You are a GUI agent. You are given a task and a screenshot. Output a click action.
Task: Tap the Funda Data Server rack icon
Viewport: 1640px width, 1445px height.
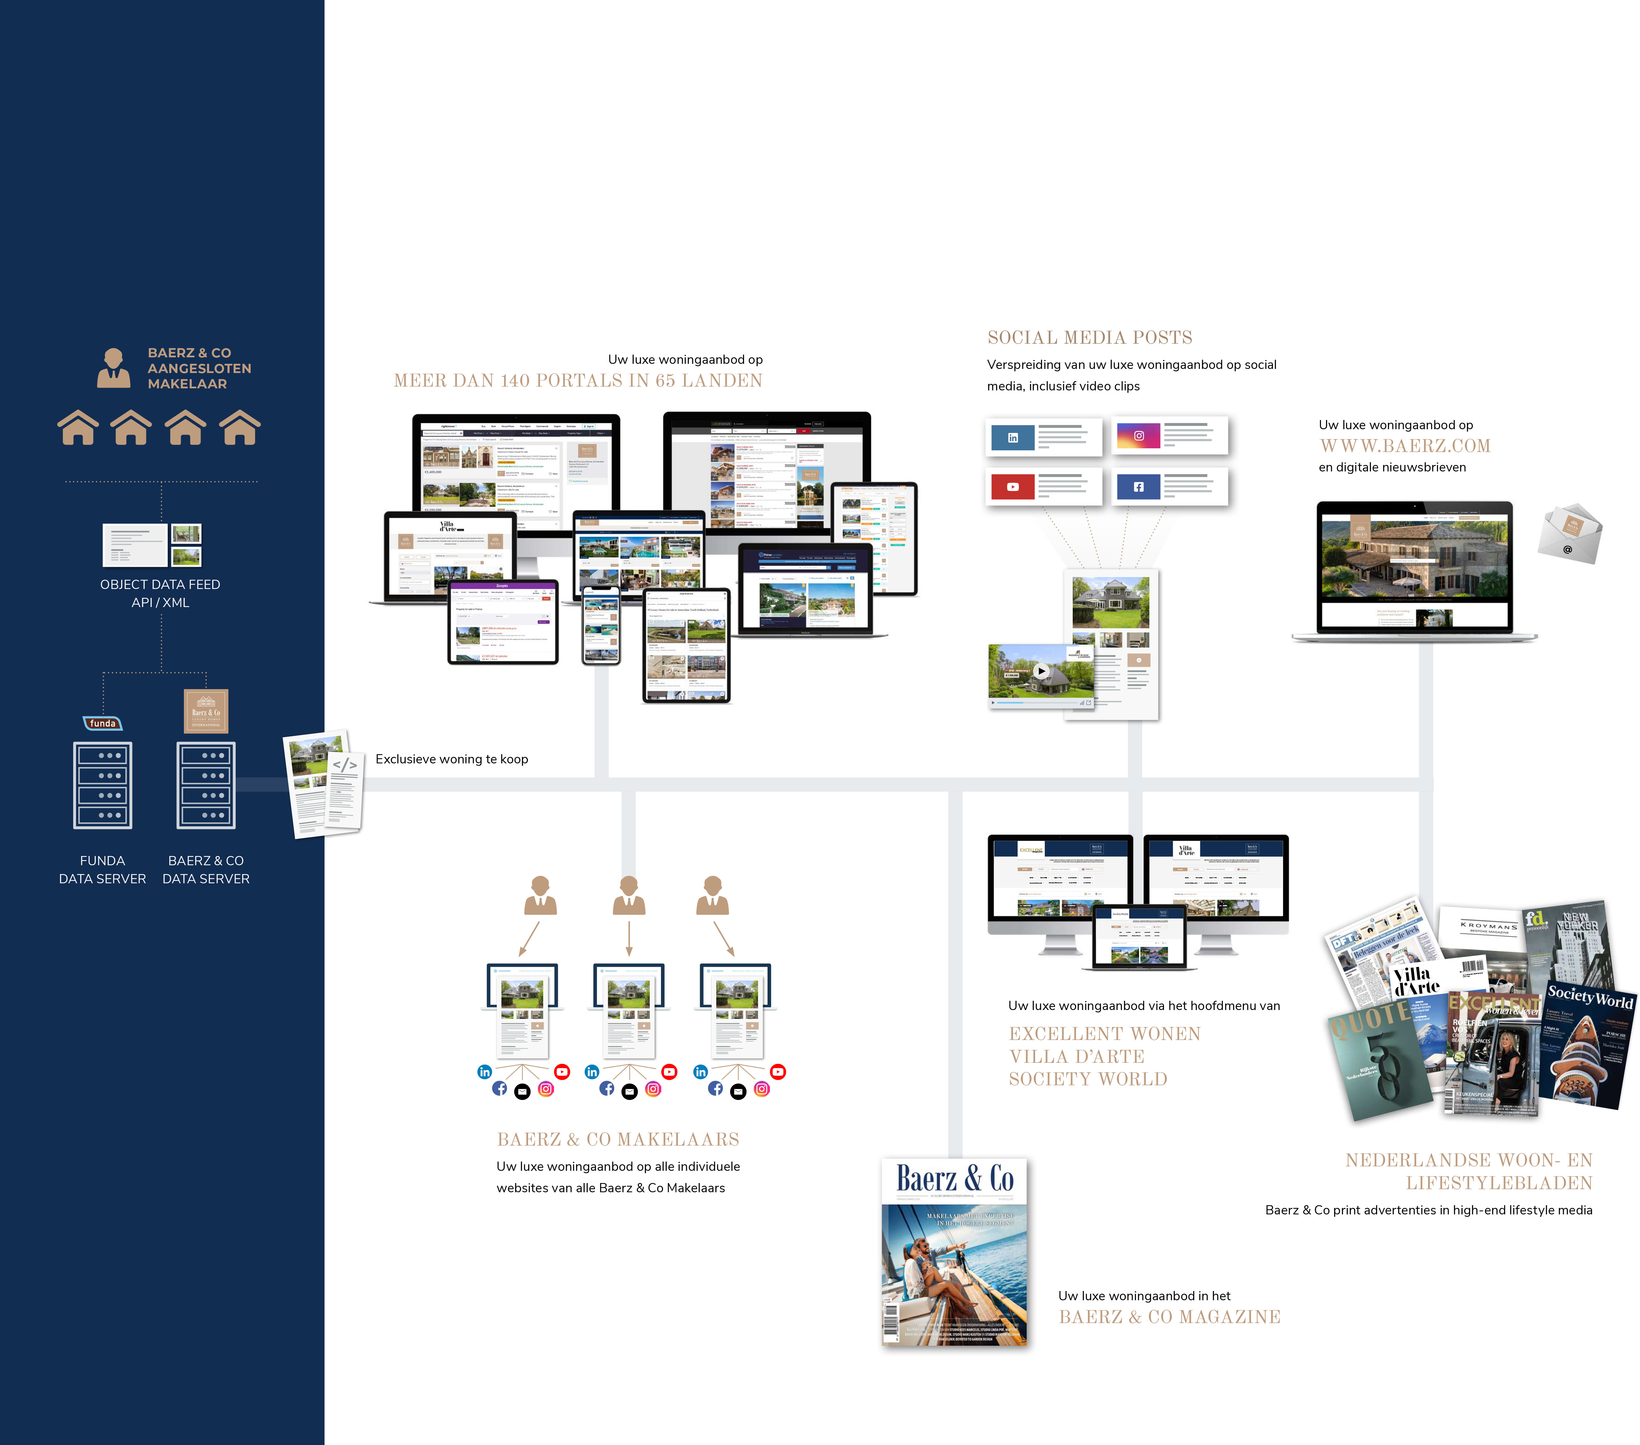pos(103,785)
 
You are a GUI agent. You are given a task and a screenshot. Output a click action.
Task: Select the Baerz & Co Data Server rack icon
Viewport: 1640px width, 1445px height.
pos(206,785)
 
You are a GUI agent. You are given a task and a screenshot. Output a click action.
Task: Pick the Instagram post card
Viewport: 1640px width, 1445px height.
pos(1170,435)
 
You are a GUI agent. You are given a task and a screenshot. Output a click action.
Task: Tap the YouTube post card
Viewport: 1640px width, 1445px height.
pos(1043,486)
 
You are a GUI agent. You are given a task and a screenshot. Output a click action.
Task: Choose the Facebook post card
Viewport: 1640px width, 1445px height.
pos(1170,486)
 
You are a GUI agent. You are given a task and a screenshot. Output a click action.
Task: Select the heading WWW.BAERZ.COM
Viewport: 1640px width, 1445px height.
pos(1405,446)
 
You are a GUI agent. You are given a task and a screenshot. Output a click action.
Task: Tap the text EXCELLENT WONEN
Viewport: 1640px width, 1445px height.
pos(1104,1034)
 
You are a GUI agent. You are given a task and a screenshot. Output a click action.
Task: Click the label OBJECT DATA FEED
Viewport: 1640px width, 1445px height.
pos(160,585)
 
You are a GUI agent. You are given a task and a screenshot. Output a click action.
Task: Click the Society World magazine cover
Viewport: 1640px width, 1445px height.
pos(1587,1044)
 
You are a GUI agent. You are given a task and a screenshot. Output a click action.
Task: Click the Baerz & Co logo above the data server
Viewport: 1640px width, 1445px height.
pos(206,711)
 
